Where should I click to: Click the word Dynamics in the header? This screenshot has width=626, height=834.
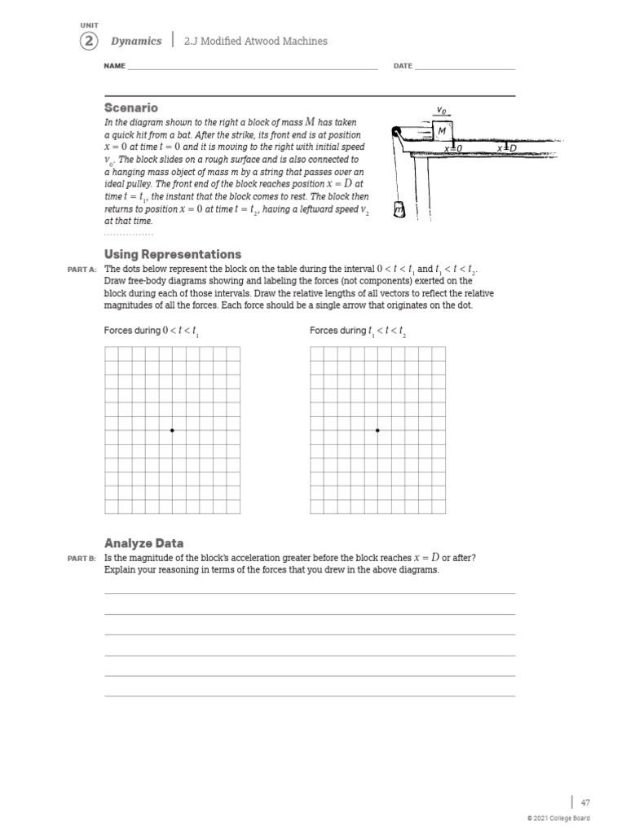136,42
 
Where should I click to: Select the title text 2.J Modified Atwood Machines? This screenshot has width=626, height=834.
256,42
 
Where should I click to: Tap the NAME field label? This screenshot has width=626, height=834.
115,66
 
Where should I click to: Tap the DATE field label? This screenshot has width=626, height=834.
403,66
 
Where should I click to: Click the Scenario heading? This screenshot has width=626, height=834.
131,108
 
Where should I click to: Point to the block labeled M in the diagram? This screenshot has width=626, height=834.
441,132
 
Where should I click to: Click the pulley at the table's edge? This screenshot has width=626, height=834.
397,133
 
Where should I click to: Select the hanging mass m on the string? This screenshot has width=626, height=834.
399,211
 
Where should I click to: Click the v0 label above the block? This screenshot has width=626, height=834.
441,109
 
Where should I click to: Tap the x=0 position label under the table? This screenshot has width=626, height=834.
453,149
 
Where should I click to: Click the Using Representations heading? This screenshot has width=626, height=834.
173,254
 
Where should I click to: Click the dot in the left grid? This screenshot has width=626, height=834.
172,430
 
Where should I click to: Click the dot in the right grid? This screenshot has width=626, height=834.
377,430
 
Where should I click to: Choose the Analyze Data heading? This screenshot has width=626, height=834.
143,542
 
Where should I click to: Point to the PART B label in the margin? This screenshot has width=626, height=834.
83,558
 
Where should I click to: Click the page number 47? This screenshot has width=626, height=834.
584,802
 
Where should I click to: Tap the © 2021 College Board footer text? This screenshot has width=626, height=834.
558,819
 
